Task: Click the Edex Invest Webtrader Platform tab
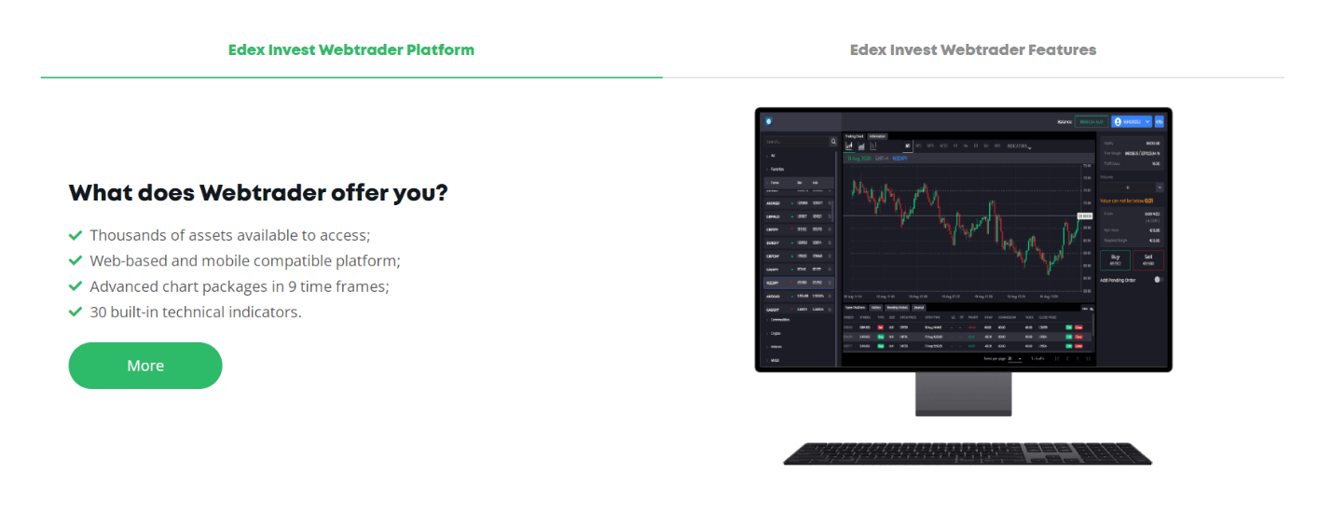coord(351,50)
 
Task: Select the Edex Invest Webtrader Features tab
coord(972,50)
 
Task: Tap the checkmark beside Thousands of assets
coord(76,236)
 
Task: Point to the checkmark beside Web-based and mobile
coord(76,261)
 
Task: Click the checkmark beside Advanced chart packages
coord(76,286)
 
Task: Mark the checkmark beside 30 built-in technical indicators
coord(76,312)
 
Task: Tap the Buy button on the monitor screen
coord(1115,259)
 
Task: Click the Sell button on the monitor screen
coord(1147,259)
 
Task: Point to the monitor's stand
coord(963,393)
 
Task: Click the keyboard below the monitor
coord(967,454)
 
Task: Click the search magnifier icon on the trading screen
coord(833,142)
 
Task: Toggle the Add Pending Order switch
coord(1158,279)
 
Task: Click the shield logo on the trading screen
coord(769,121)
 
